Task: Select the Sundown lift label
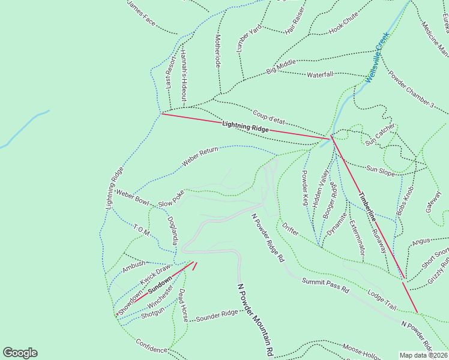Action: click(160, 284)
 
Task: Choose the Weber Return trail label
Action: click(200, 158)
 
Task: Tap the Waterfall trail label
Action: click(320, 75)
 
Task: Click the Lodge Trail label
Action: click(382, 299)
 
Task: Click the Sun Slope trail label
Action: click(381, 171)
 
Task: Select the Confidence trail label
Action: click(151, 347)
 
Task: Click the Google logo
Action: click(20, 353)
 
